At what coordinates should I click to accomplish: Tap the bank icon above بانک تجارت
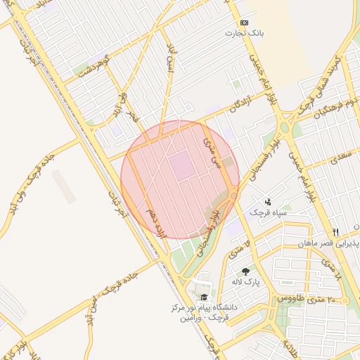(x=244, y=22)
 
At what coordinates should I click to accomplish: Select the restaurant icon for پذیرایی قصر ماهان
(x=336, y=232)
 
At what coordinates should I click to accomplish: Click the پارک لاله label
(x=247, y=282)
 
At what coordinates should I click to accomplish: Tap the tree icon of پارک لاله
(x=245, y=272)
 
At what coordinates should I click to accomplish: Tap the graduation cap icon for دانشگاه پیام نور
(x=204, y=297)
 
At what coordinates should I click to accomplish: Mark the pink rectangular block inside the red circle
(x=182, y=166)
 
